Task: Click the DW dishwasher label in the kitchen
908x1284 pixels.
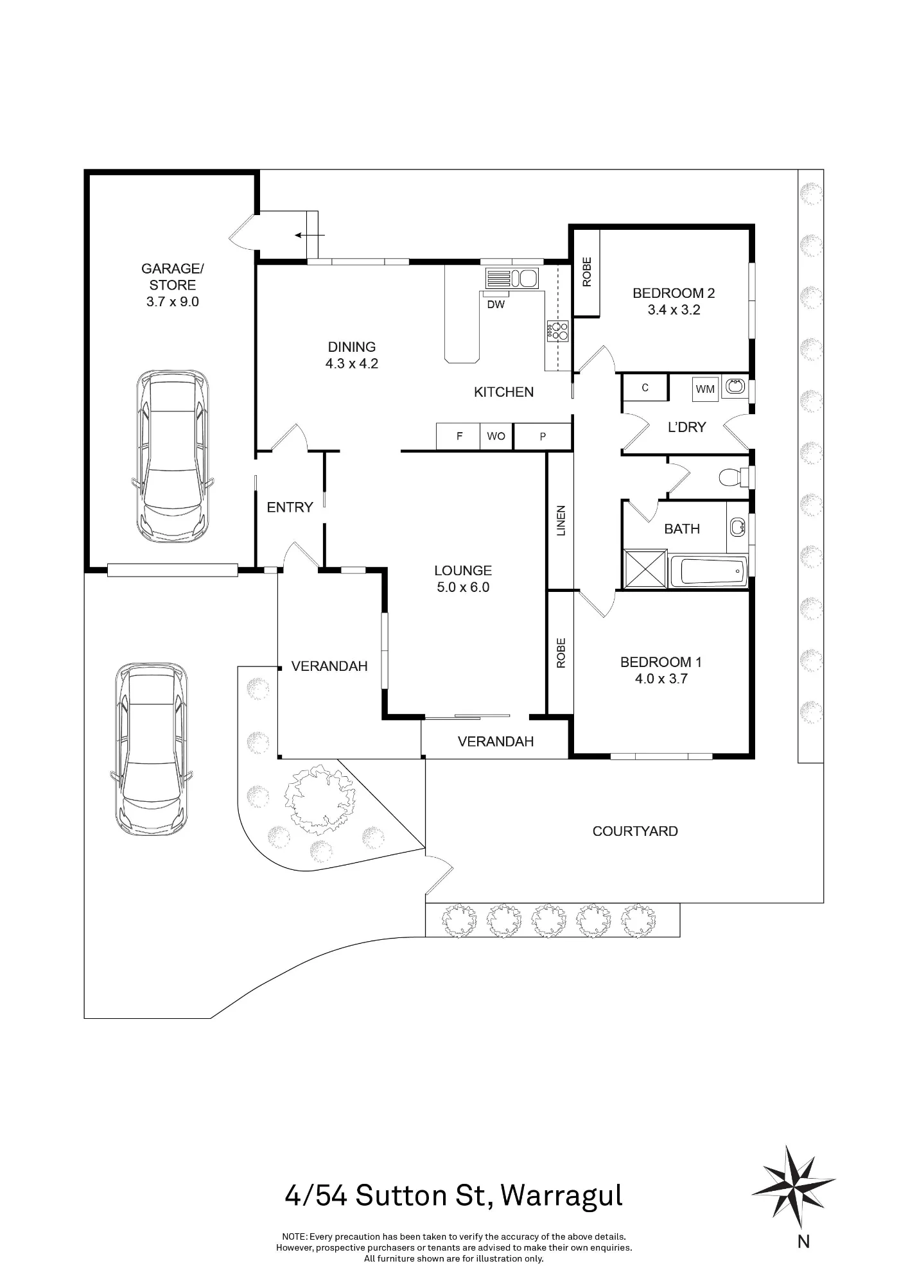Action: (496, 305)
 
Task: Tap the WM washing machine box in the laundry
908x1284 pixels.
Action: (705, 389)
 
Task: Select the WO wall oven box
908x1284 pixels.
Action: (496, 437)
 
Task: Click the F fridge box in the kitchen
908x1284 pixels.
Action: (458, 437)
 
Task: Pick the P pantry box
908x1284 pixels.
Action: (543, 437)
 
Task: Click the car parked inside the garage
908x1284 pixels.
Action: (173, 456)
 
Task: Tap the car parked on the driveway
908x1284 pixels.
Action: (152, 749)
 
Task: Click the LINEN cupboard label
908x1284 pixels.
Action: (561, 521)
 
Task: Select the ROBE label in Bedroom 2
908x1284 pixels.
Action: (586, 272)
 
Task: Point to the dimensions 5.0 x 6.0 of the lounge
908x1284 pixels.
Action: (463, 587)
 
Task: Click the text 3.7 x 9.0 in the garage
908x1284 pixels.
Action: (173, 302)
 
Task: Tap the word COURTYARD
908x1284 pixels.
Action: (635, 831)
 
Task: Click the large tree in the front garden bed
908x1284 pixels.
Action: (320, 795)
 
